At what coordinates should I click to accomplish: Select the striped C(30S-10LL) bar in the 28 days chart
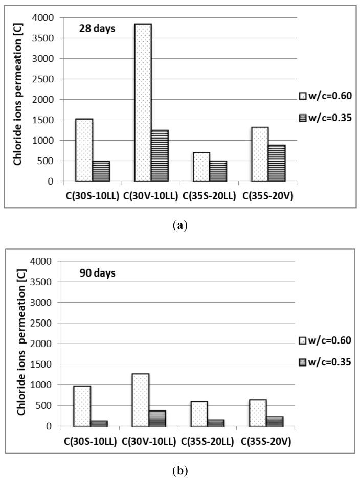(x=101, y=171)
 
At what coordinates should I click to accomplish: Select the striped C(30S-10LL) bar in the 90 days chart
(x=101, y=423)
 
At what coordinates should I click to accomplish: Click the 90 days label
(x=97, y=273)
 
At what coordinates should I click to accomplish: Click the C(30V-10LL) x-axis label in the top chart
(x=151, y=195)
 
